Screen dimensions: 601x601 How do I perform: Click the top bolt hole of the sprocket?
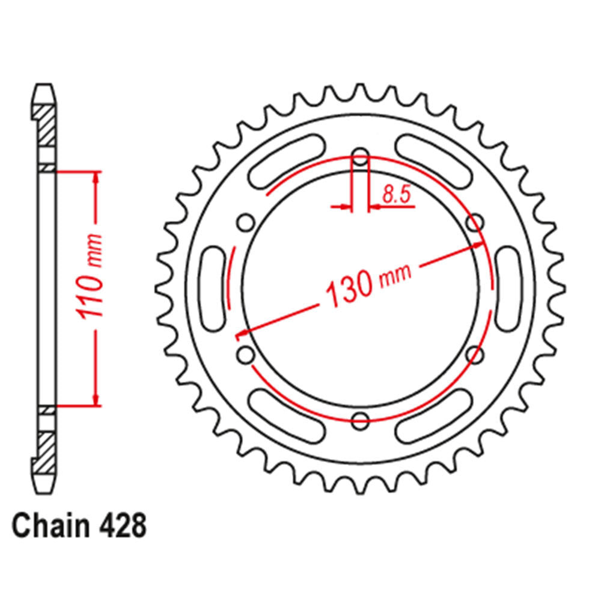(x=361, y=159)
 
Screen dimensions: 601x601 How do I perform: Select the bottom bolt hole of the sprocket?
(x=361, y=421)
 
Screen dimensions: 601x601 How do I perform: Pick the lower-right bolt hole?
(x=475, y=355)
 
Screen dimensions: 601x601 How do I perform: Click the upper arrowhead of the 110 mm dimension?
(x=96, y=178)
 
